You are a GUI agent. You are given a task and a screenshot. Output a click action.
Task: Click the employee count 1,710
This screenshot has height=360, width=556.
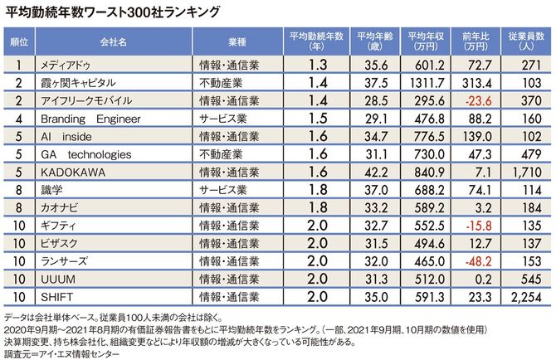(526, 173)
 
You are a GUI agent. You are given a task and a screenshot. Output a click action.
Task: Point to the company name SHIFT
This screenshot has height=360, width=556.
(54, 299)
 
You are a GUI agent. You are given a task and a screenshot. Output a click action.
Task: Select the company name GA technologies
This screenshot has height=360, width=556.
(85, 155)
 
